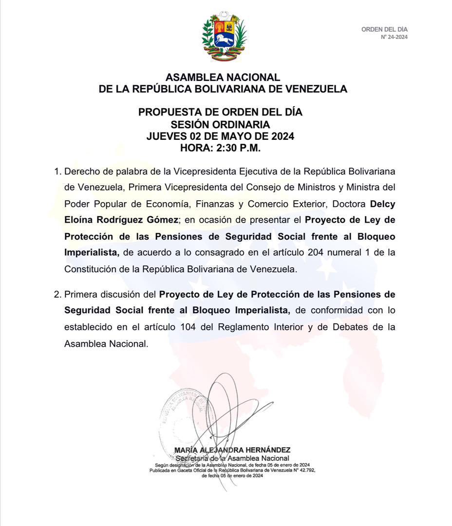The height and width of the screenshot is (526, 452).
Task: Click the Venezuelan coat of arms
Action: (225, 37)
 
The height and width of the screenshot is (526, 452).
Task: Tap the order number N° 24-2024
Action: (394, 37)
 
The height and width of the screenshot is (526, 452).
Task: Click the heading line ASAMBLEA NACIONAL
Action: (223, 77)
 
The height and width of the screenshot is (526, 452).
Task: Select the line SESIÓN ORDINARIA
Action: (220, 124)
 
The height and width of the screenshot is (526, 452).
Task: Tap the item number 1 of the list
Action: (57, 172)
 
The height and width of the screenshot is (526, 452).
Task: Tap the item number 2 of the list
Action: (57, 295)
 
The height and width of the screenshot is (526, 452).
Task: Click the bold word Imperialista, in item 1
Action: (92, 252)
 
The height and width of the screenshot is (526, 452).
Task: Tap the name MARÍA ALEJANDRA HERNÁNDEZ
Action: (232, 451)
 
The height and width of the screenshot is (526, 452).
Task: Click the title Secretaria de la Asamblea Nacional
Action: (232, 458)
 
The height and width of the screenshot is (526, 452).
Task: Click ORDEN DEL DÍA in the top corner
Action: (384, 30)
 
